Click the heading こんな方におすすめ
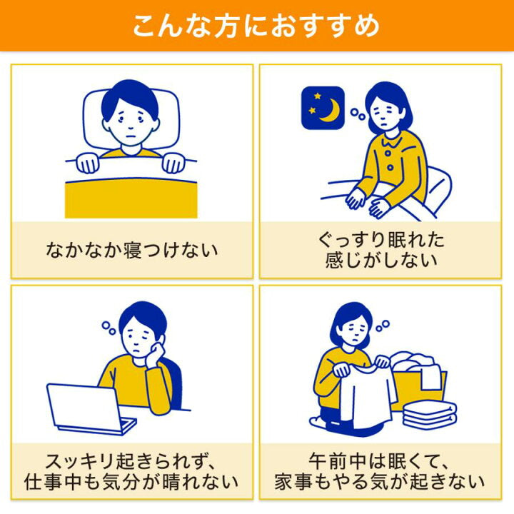[x=256, y=26]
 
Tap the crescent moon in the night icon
[x=331, y=111]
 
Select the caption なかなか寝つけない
[x=132, y=250]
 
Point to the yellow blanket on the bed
[x=131, y=198]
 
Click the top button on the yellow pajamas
[x=388, y=153]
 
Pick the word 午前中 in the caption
[x=337, y=462]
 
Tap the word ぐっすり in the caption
[x=352, y=240]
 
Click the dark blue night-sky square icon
[x=323, y=108]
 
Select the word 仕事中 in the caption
[x=52, y=482]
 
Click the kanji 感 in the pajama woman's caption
[x=334, y=261]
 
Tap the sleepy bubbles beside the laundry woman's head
[x=382, y=326]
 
